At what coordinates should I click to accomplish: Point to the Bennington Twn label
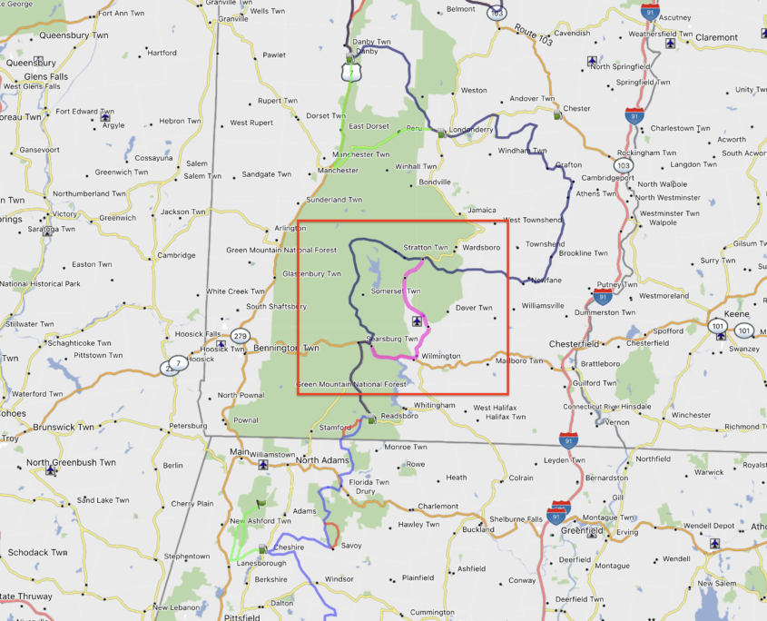pos(286,348)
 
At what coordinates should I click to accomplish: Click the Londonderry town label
pos(471,129)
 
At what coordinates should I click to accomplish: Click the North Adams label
pos(321,459)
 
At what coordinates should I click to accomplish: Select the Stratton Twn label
pos(426,247)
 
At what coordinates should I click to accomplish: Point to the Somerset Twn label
pos(397,291)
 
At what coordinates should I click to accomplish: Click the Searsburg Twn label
pos(391,339)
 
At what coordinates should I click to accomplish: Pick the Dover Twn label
pos(473,308)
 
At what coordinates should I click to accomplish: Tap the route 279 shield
pos(240,336)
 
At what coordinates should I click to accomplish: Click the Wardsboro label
pos(480,247)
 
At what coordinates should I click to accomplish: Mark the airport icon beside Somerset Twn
pos(416,320)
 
